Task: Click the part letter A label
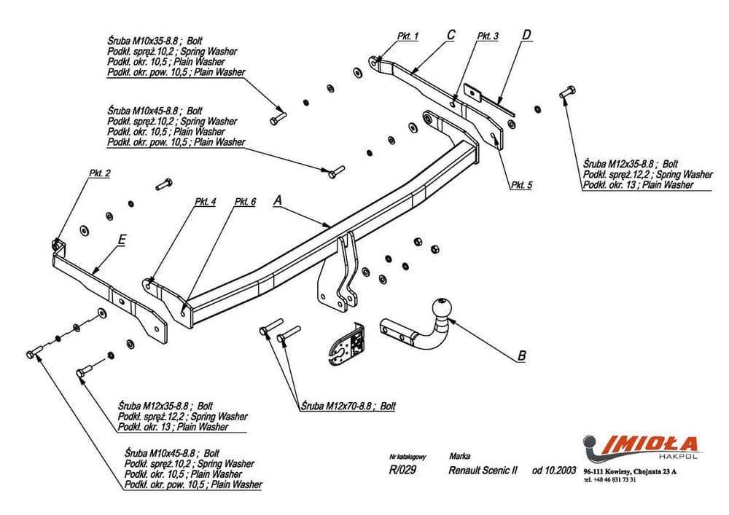coord(277,199)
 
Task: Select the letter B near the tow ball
coord(521,355)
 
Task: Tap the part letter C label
coord(451,34)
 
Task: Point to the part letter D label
coord(526,34)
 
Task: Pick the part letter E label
coord(122,239)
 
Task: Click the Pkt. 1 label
coord(408,35)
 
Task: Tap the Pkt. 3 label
coord(488,35)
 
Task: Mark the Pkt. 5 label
coord(521,185)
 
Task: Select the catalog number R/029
coord(402,471)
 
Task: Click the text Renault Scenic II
coord(483,471)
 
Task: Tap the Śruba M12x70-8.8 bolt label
coord(347,406)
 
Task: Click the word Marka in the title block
coord(460,456)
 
